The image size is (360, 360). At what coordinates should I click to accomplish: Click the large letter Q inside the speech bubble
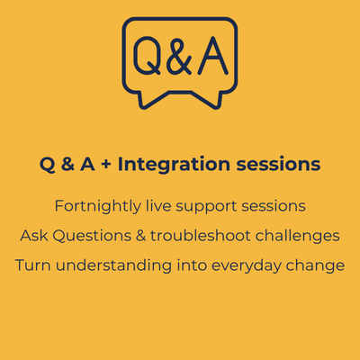click(x=147, y=56)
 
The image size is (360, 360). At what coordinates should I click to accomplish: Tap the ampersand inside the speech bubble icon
click(x=179, y=57)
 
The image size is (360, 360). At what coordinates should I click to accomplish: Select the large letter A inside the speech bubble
click(x=213, y=56)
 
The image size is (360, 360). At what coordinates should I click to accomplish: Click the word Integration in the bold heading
click(x=174, y=165)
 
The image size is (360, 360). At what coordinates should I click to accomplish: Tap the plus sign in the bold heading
click(x=106, y=165)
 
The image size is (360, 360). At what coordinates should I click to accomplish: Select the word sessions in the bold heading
click(x=278, y=165)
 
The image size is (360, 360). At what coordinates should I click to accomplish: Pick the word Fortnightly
click(x=98, y=207)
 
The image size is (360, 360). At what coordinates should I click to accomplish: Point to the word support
click(x=206, y=207)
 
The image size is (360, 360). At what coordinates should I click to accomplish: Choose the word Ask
click(x=34, y=236)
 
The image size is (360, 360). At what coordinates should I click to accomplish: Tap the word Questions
click(x=92, y=236)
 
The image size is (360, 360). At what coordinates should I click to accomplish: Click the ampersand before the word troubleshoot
click(x=140, y=236)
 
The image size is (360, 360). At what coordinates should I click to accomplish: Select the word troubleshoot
click(x=201, y=236)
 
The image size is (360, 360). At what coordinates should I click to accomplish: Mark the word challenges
click(x=298, y=237)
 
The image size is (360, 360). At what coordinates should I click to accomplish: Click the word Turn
click(x=32, y=265)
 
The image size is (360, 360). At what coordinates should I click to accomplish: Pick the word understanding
click(x=114, y=266)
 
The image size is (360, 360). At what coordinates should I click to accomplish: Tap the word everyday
click(x=246, y=266)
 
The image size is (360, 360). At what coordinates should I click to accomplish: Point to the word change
click(x=315, y=266)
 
